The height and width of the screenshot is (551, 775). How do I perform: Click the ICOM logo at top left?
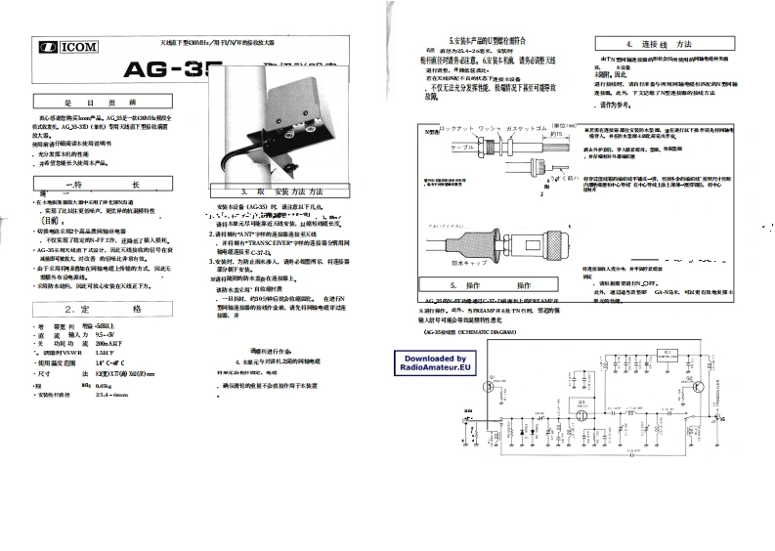coord(63,46)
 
